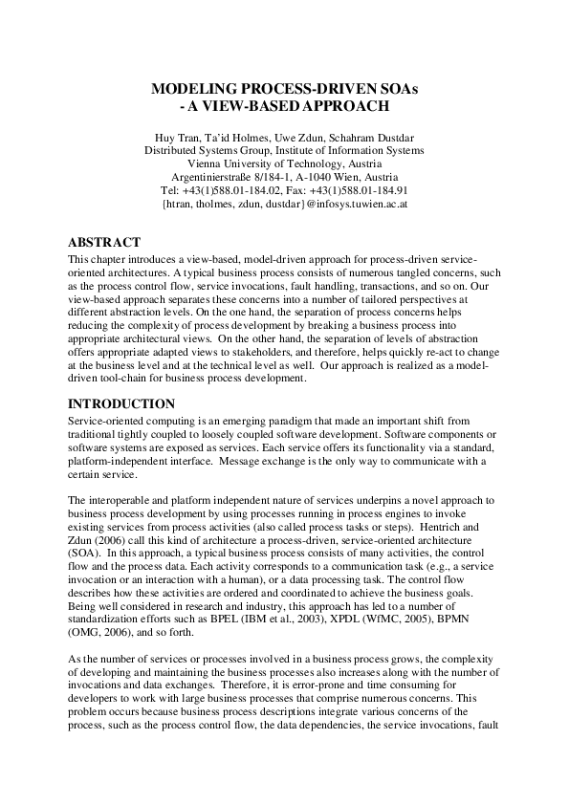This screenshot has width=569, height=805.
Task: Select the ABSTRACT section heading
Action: tap(105, 242)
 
